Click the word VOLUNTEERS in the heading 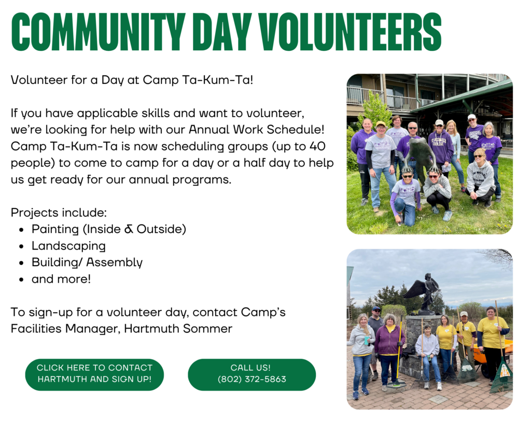click(350, 32)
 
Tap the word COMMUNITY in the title click(98, 32)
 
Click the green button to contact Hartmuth click(94, 374)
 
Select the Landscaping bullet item click(69, 246)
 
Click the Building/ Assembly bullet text click(87, 262)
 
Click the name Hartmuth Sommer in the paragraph click(178, 329)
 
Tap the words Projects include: click(59, 213)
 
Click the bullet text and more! click(61, 279)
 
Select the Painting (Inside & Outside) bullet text click(109, 229)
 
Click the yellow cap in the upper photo click(381, 124)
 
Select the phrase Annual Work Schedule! click(256, 130)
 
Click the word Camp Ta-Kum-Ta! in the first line click(198, 80)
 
